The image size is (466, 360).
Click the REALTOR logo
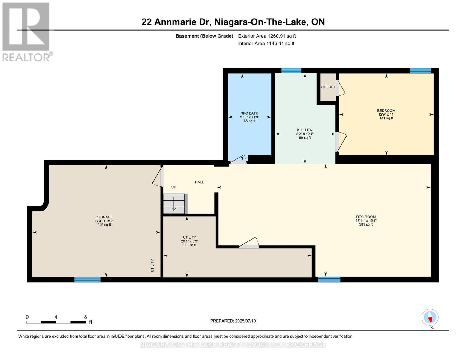click(x=26, y=31)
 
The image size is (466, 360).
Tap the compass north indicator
click(x=430, y=317)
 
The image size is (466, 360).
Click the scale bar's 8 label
click(x=86, y=317)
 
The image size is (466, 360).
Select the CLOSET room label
click(x=328, y=87)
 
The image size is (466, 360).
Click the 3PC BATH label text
click(x=249, y=113)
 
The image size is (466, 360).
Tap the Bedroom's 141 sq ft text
click(x=386, y=118)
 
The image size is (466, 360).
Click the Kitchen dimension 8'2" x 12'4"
click(x=305, y=134)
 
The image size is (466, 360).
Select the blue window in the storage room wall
click(x=87, y=280)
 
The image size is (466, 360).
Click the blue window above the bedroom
click(x=420, y=71)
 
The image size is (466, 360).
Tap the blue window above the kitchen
click(x=291, y=71)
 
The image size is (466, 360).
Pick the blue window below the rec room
click(x=329, y=280)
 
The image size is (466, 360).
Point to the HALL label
click(x=199, y=182)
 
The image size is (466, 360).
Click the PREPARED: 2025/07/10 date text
click(x=233, y=321)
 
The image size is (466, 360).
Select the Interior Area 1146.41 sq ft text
click(x=266, y=43)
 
